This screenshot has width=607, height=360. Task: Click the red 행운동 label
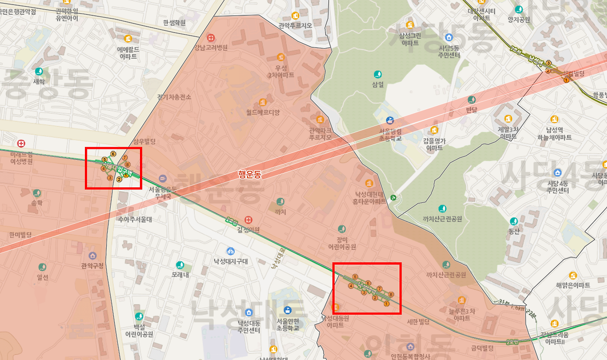click(249, 174)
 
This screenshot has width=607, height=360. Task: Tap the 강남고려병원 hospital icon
click(211, 37)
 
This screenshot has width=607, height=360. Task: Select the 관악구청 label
click(92, 266)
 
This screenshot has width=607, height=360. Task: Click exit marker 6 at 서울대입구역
click(113, 154)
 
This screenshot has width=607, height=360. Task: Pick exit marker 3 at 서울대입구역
click(110, 178)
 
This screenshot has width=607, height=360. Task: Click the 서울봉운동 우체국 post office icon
click(163, 178)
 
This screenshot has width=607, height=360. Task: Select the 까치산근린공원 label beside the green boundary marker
click(442, 219)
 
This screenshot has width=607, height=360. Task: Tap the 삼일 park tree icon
click(377, 74)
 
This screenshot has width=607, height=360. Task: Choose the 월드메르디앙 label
click(263, 112)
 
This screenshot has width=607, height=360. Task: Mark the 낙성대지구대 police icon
click(230, 251)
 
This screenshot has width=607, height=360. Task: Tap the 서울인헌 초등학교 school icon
click(288, 310)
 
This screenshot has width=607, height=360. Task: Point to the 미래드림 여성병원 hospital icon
click(21, 143)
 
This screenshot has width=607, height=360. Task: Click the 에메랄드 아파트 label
click(128, 52)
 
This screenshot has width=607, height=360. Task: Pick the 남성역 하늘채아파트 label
click(554, 134)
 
